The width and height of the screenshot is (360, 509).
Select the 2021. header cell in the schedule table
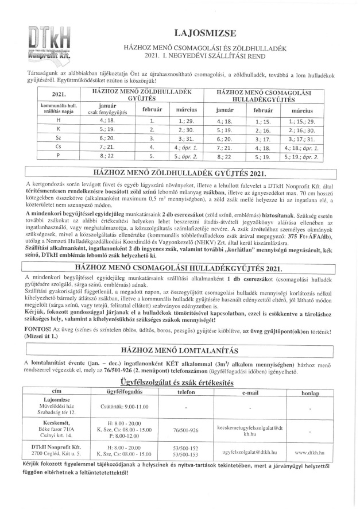tap(59, 95)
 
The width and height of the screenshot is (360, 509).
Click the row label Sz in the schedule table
tap(59, 138)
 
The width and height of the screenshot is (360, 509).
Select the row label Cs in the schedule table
tap(59, 148)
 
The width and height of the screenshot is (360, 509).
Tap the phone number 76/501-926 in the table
tap(185, 429)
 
